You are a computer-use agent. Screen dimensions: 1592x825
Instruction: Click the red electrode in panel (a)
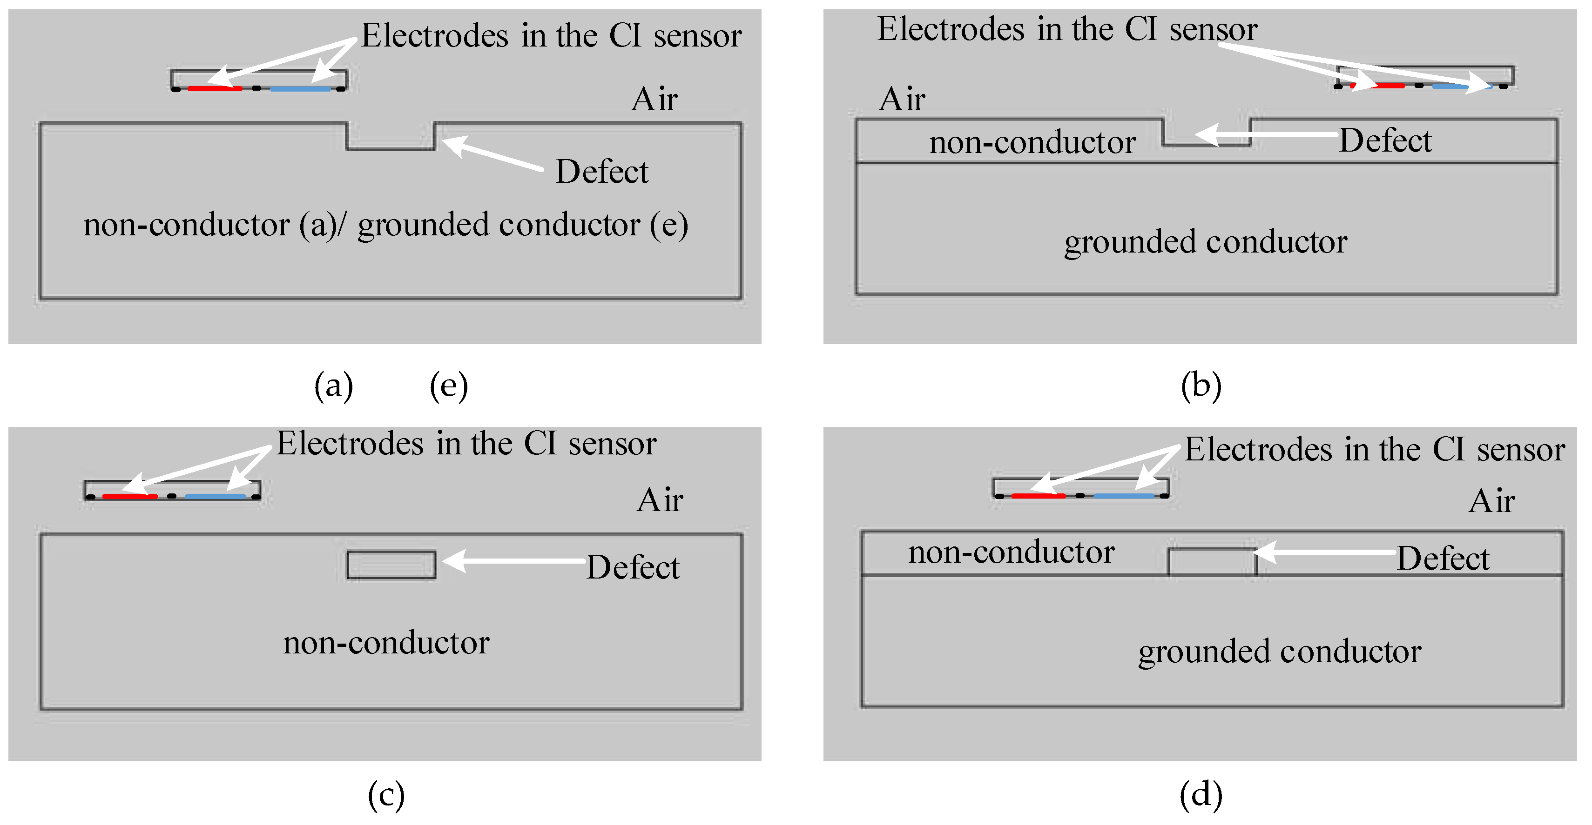215,88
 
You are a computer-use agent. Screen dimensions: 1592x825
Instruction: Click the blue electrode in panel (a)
301,89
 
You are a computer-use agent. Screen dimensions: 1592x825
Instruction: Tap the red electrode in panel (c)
130,496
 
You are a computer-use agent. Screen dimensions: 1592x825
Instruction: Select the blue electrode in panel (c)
215,496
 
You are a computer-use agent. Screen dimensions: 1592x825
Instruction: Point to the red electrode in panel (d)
1038,495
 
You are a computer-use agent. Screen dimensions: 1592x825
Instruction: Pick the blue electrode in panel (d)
1124,495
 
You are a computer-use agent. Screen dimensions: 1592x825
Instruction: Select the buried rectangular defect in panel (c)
391,565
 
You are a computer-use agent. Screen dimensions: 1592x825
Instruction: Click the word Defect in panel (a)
602,172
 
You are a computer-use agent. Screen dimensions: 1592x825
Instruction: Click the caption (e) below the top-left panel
449,386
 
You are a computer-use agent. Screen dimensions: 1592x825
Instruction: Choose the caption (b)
1201,386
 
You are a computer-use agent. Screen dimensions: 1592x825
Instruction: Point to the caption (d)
1201,794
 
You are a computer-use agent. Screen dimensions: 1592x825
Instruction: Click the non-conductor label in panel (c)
386,643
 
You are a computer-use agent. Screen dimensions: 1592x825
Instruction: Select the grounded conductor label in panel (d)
1280,652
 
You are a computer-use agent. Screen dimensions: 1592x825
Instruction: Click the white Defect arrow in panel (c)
514,561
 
